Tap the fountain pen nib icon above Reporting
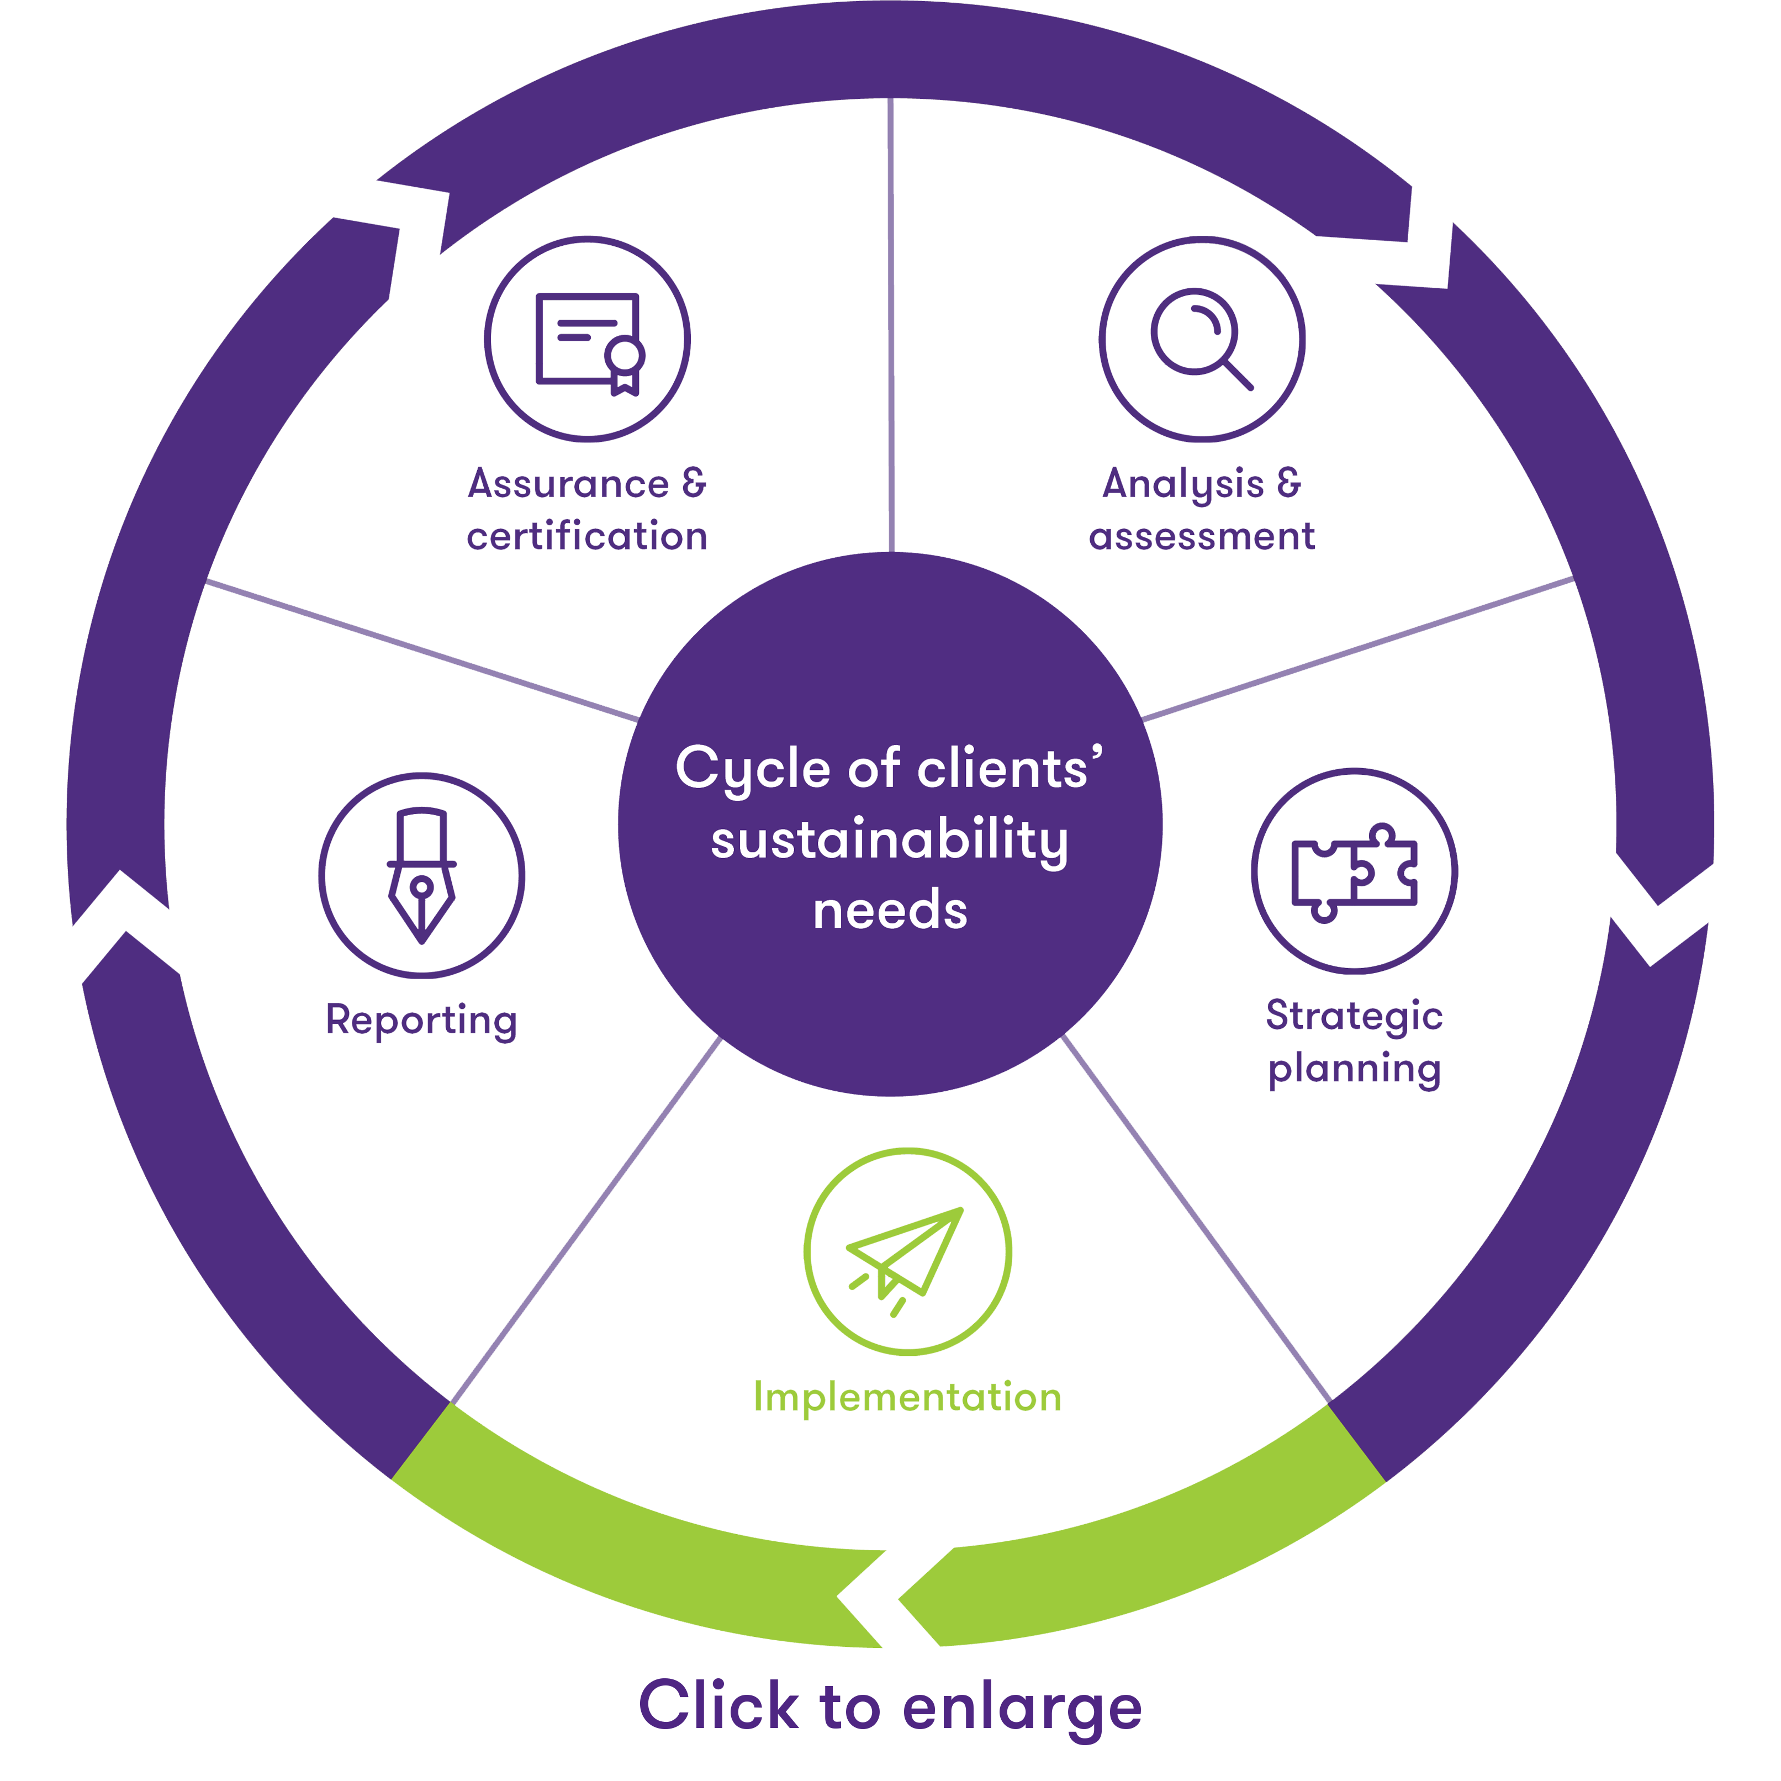pos(421,876)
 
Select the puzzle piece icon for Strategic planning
pos(1354,871)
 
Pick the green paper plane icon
pos(907,1254)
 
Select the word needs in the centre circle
pos(890,911)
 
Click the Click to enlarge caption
pos(890,1706)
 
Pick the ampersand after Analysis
pos(1288,483)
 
